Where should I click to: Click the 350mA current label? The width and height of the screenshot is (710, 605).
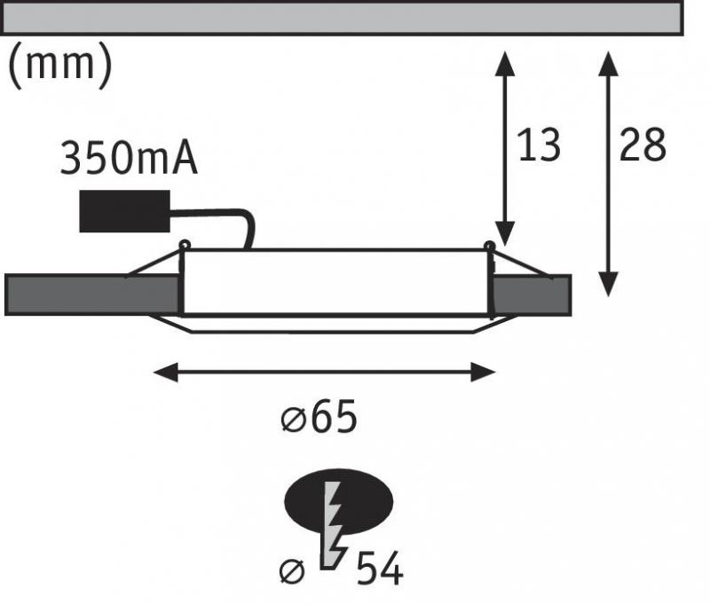tap(128, 160)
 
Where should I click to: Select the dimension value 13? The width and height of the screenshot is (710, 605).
tap(539, 145)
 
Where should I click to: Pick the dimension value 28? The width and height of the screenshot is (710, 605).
tap(643, 145)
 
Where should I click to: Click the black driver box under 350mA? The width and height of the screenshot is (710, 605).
tap(124, 212)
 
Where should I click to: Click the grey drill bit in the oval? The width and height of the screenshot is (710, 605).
tap(335, 523)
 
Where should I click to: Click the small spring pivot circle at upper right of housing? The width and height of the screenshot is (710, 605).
tap(489, 246)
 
